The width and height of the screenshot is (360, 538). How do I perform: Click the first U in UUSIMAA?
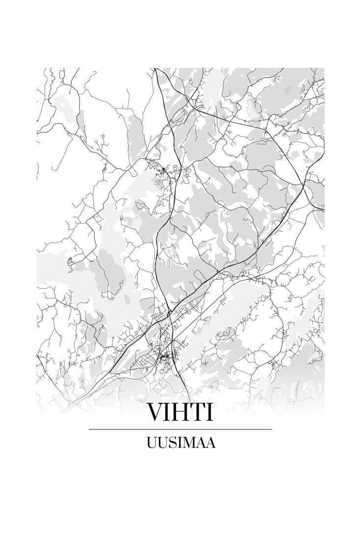pos(152,443)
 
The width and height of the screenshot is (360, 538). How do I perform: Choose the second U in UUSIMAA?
pos(163,443)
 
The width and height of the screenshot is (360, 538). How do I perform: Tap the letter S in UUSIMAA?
pos(172,443)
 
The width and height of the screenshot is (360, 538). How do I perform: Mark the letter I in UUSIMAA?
pos(179,443)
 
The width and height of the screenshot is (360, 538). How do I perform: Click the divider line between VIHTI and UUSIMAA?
pos(180,429)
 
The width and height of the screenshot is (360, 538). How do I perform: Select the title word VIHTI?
pos(180,412)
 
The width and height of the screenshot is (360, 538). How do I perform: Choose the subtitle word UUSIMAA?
pos(180,443)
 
